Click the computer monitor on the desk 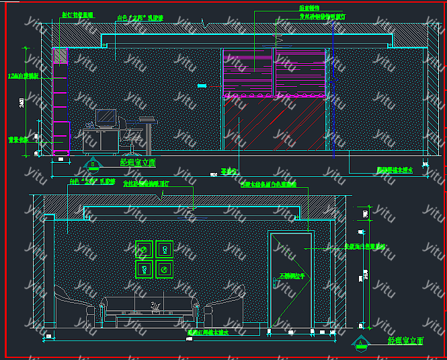(106, 118)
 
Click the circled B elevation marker (93, 164)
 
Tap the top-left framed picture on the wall (144, 250)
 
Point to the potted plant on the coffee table (156, 308)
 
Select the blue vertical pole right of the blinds (333, 87)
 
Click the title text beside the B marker (138, 162)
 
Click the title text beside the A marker (406, 341)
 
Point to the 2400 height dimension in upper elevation (22, 102)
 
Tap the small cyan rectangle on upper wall (202, 85)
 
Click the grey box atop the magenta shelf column (60, 57)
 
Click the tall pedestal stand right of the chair (148, 135)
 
